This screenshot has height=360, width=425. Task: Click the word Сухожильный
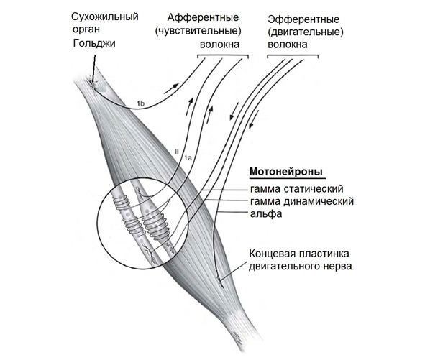[105, 17]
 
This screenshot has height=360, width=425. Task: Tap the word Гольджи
[94, 43]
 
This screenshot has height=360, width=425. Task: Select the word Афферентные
[203, 18]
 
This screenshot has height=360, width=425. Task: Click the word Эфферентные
[303, 19]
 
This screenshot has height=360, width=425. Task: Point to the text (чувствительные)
[198, 31]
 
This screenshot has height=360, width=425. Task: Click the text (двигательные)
[306, 32]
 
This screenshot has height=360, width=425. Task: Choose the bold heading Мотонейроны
[286, 172]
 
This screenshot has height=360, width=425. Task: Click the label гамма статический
[297, 189]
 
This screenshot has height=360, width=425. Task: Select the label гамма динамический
[302, 201]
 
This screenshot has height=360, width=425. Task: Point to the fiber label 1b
[141, 103]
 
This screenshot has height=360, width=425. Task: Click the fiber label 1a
[188, 157]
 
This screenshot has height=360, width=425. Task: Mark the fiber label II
[178, 151]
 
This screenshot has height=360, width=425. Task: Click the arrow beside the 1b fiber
[172, 88]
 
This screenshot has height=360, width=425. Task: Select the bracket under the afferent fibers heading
[223, 55]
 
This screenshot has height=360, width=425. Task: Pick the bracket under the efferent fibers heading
[293, 55]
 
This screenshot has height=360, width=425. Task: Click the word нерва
[338, 267]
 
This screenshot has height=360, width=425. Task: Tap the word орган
[86, 29]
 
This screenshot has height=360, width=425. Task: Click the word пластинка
[324, 254]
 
